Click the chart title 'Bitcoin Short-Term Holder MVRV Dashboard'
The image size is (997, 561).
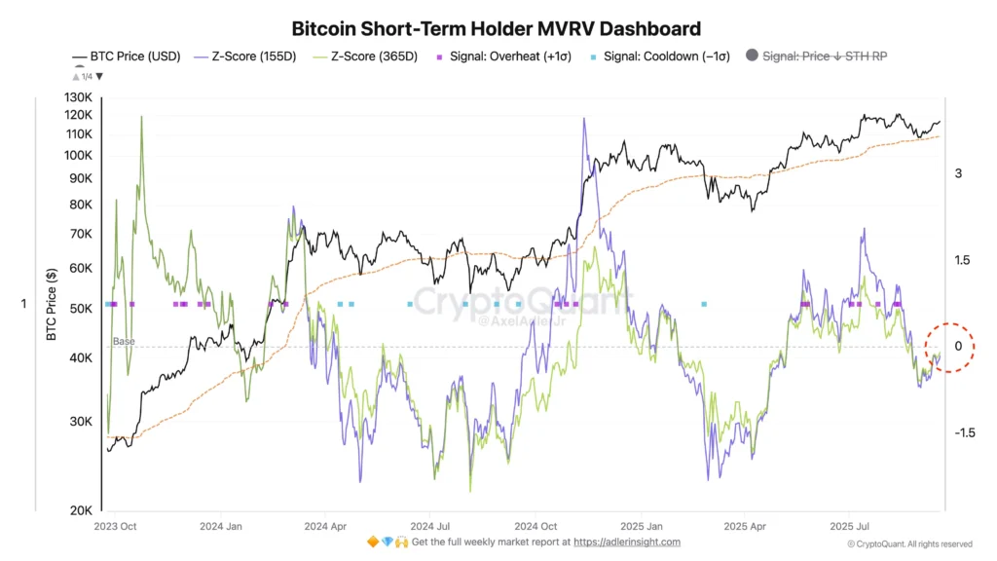(497, 29)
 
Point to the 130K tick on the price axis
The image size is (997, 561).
(79, 98)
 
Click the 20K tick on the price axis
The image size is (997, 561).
(81, 510)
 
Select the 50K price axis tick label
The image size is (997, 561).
(81, 309)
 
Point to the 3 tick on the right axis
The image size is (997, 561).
(958, 173)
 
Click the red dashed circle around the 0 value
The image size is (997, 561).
(948, 347)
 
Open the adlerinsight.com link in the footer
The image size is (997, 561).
(627, 542)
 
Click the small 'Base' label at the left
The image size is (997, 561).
(124, 342)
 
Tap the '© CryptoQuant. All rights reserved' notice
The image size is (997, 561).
(909, 544)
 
